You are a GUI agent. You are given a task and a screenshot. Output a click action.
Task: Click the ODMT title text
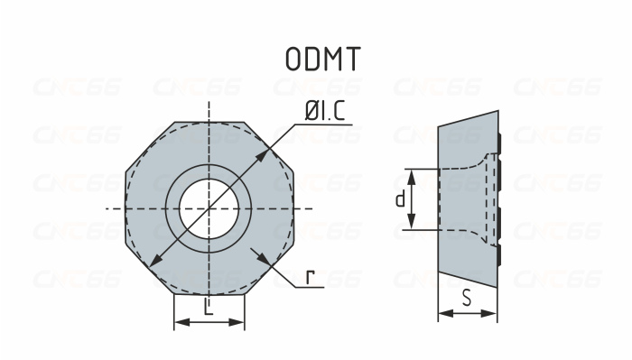[322, 59]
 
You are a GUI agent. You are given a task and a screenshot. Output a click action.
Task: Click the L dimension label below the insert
[209, 309]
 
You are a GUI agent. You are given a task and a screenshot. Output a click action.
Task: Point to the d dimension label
[399, 198]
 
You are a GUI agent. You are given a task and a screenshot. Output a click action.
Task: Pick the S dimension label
[466, 297]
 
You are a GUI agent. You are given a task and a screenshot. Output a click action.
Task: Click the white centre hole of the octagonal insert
[209, 208]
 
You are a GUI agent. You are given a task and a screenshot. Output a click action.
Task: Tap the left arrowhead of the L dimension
[178, 322]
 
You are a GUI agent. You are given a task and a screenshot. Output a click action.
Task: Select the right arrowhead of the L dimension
[239, 322]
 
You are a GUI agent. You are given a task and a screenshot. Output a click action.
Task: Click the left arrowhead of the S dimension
[442, 314]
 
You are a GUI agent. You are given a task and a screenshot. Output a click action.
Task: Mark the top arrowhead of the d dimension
[412, 172]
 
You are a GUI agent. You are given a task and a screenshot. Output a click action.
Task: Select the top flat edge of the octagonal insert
[209, 119]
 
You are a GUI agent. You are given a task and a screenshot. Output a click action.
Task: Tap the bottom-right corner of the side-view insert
[497, 285]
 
